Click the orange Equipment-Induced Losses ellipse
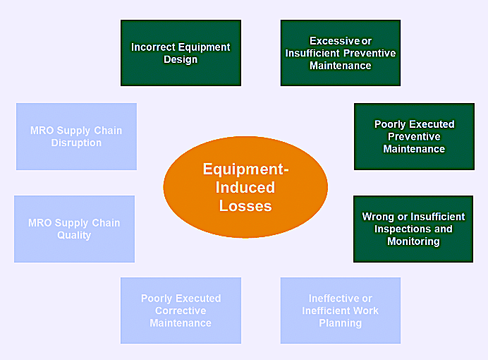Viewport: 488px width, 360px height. coord(245,187)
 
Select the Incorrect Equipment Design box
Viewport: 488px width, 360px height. coord(181,53)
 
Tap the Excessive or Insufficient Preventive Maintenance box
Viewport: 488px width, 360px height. coord(341,53)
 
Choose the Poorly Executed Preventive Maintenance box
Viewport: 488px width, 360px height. coord(414,136)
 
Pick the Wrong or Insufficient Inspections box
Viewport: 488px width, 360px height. coord(413,229)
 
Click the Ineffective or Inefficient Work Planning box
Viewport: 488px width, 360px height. coord(341,311)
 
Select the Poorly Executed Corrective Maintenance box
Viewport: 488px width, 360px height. coord(181,311)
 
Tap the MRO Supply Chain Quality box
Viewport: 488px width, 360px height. coord(74,229)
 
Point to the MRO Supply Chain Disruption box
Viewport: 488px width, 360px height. coord(76,136)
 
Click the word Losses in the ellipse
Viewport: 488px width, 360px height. coord(245,206)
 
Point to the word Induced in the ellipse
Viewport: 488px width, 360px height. coord(245,188)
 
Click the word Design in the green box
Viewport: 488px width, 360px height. coord(181,59)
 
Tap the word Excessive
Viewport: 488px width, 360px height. coord(334,41)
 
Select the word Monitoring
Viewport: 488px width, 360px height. coord(413,241)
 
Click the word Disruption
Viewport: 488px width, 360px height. coord(76,143)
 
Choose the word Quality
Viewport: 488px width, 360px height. coord(74,235)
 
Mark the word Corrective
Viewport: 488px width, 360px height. coord(181,311)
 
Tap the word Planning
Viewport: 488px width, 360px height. coord(341,323)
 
